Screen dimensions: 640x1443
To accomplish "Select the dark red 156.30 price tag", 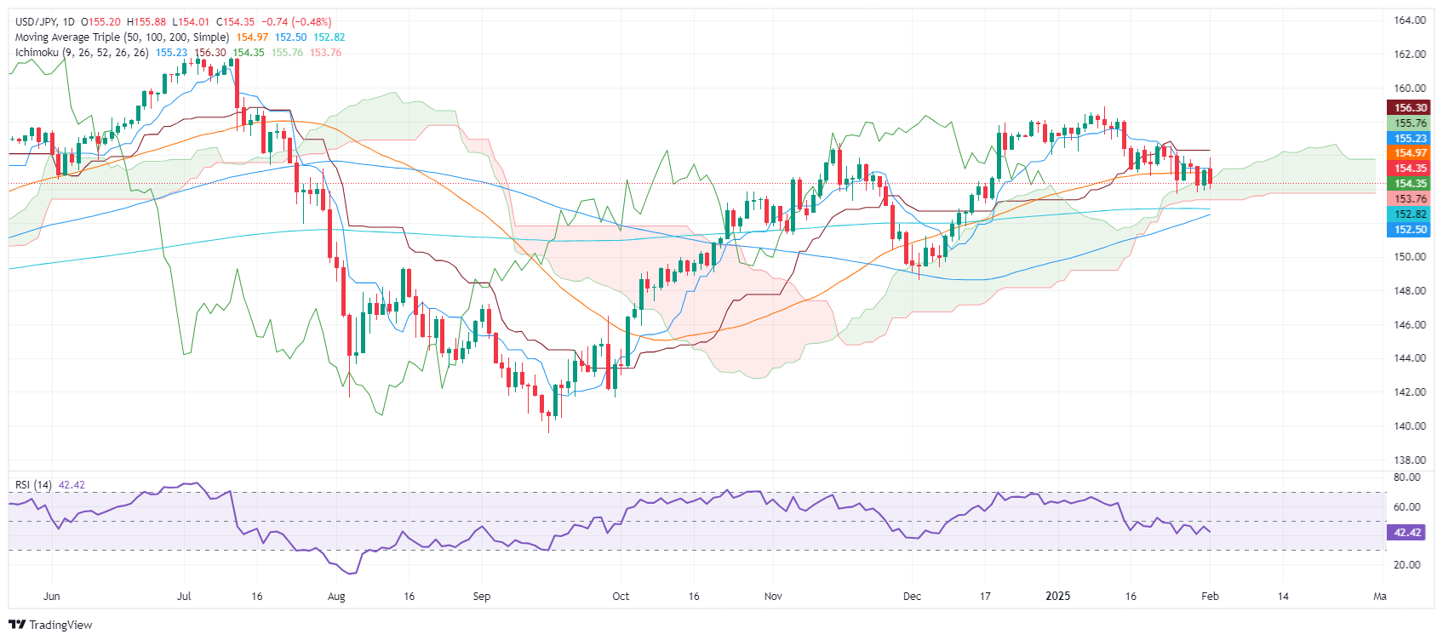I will [1410, 108].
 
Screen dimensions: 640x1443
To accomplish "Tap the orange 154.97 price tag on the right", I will [1410, 153].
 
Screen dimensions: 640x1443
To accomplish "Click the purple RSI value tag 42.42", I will [1408, 533].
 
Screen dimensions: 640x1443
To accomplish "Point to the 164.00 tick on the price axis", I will [1410, 20].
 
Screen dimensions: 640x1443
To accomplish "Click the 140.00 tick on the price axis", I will [1410, 426].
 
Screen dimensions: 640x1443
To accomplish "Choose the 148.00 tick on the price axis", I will [1410, 291].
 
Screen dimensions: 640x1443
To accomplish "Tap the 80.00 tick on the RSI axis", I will [1407, 478].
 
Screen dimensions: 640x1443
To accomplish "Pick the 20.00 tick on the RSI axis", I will [1407, 565].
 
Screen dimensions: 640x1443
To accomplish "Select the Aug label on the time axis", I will [336, 597].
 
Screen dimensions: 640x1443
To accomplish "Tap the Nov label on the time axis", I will [773, 597].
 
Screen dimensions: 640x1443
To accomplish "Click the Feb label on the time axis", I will [1210, 597].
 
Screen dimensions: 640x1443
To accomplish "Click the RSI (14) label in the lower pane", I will [33, 485].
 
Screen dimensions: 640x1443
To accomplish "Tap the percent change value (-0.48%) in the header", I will [312, 22].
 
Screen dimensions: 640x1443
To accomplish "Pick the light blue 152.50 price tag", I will [1410, 230].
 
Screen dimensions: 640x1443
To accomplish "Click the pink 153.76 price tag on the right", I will [1410, 199].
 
